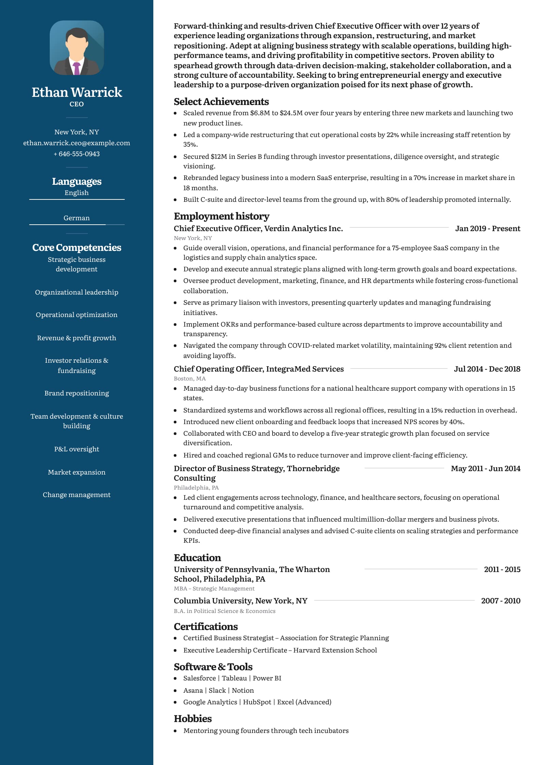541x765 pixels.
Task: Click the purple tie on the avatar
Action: point(77,68)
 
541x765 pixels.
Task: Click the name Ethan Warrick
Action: point(77,92)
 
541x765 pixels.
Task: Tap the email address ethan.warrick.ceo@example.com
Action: point(77,143)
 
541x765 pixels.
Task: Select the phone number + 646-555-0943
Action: point(77,154)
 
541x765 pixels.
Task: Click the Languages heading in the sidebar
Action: point(77,181)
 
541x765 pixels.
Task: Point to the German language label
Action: point(77,218)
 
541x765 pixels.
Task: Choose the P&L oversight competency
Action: point(77,449)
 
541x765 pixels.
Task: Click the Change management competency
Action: point(77,495)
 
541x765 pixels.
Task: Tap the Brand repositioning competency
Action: point(77,393)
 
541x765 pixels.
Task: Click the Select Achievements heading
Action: point(221,102)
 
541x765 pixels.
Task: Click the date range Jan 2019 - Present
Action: point(488,228)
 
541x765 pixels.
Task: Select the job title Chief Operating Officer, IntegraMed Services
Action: point(259,369)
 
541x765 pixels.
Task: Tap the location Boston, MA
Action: point(190,378)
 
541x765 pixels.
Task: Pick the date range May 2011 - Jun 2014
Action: point(485,468)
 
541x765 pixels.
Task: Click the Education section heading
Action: point(197,558)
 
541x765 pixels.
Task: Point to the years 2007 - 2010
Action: point(500,601)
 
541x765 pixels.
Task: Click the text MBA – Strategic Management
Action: point(214,588)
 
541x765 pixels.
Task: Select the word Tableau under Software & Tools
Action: point(234,678)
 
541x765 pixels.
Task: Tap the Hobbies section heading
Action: point(192,719)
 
